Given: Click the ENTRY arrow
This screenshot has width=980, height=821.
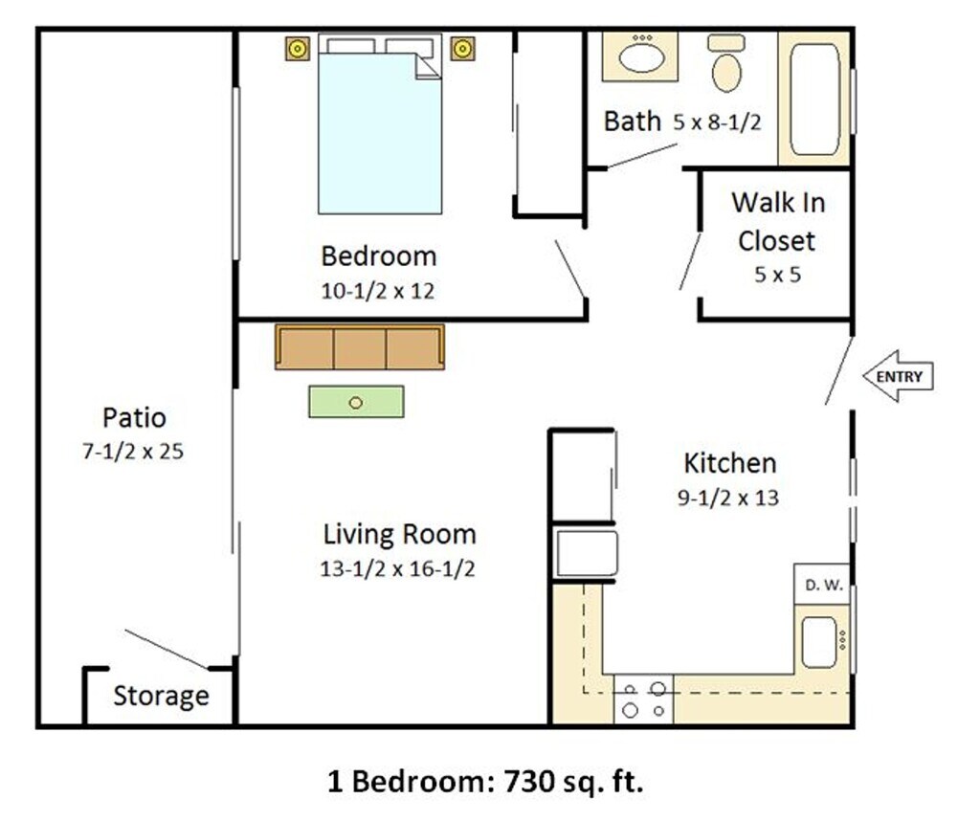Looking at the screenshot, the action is [898, 376].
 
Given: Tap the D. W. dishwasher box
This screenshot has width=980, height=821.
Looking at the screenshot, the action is [822, 585].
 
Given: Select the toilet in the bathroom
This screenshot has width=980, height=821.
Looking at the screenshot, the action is [726, 64].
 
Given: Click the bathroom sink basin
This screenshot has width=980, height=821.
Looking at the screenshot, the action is [641, 58].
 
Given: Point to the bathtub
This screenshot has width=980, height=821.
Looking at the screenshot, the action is [814, 99].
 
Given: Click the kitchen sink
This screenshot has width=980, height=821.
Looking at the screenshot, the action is [819, 642].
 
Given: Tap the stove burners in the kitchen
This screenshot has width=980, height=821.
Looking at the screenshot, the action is [644, 699].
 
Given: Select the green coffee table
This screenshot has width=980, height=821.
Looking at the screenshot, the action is [356, 402].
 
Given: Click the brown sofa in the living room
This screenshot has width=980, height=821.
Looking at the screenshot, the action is [360, 346].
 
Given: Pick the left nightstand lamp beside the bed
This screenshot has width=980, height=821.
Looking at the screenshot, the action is [298, 49].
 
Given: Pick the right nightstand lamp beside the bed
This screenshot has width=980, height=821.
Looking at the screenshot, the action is [462, 49].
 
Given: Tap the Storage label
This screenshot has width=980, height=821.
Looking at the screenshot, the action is [161, 696].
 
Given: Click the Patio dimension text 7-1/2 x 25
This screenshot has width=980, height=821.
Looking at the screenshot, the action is [133, 451].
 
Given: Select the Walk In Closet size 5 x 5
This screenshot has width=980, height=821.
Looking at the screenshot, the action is [777, 275].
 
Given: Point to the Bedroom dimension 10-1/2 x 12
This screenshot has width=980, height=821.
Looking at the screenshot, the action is [377, 291].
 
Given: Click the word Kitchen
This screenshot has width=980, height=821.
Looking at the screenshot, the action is [730, 463].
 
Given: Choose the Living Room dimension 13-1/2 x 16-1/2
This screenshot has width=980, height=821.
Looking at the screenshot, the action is [397, 568].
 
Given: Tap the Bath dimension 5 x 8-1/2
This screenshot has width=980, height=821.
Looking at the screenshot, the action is [717, 122].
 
